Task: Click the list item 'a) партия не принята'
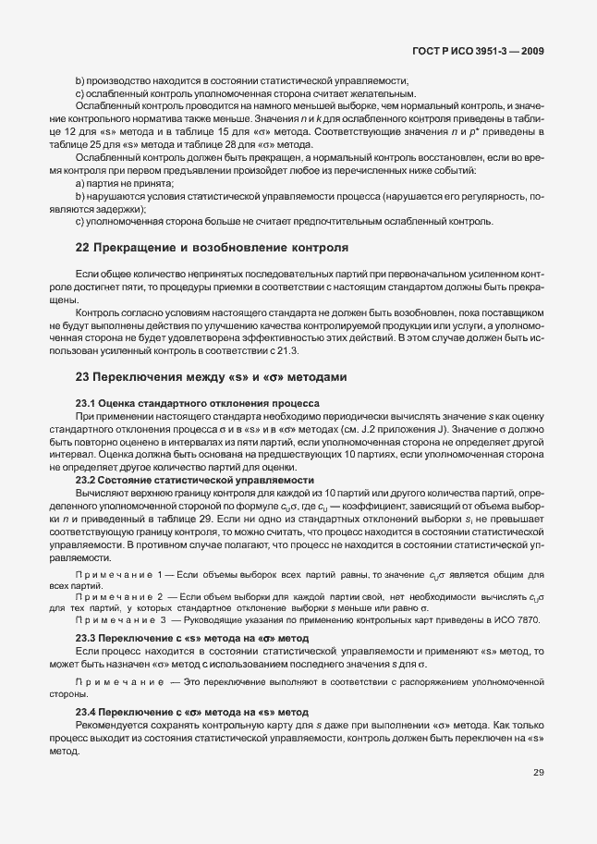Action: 124,184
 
